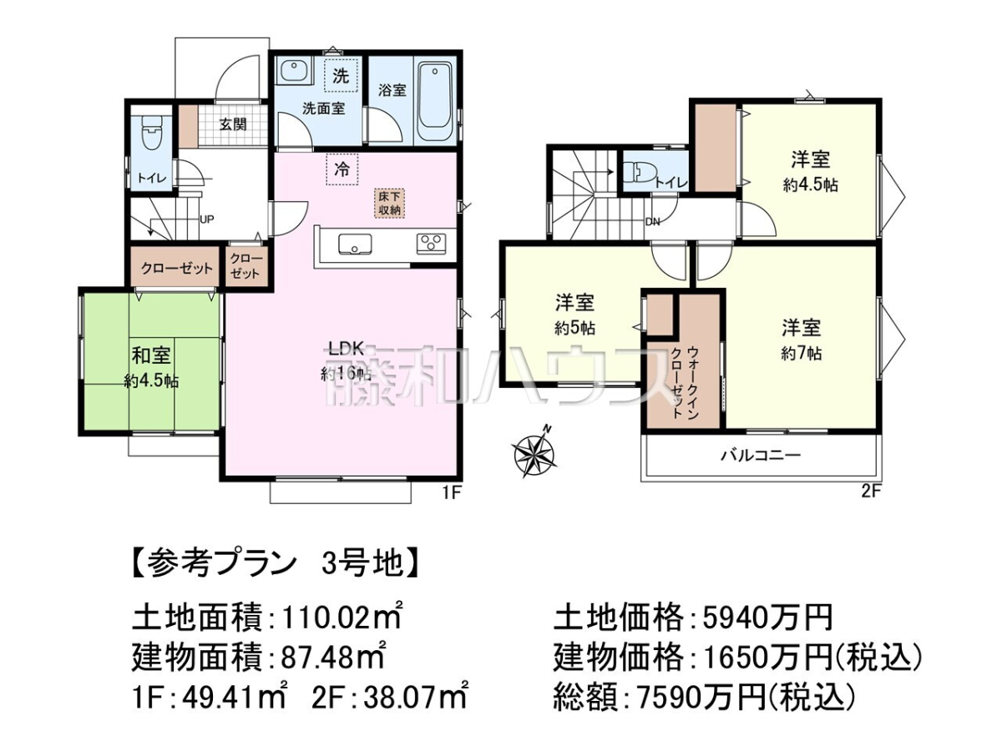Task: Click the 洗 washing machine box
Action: (340, 76)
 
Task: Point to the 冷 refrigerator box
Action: (342, 169)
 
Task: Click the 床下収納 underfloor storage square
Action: (390, 204)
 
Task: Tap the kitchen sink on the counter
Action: (355, 244)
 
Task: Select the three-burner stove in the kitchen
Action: (431, 244)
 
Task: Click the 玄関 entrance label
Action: (233, 124)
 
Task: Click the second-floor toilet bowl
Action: (639, 174)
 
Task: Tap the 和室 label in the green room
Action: (151, 355)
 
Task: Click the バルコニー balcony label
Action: (761, 456)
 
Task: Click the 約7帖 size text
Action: (802, 354)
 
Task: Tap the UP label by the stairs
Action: (206, 219)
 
